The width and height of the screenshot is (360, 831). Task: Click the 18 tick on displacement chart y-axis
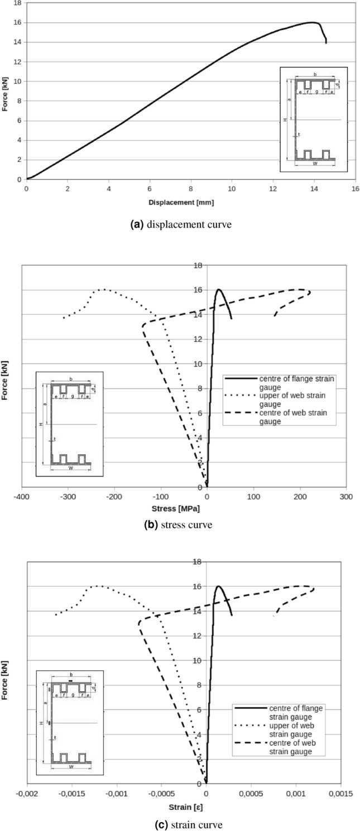click(x=18, y=3)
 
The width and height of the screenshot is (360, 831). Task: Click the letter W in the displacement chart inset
click(x=315, y=164)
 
